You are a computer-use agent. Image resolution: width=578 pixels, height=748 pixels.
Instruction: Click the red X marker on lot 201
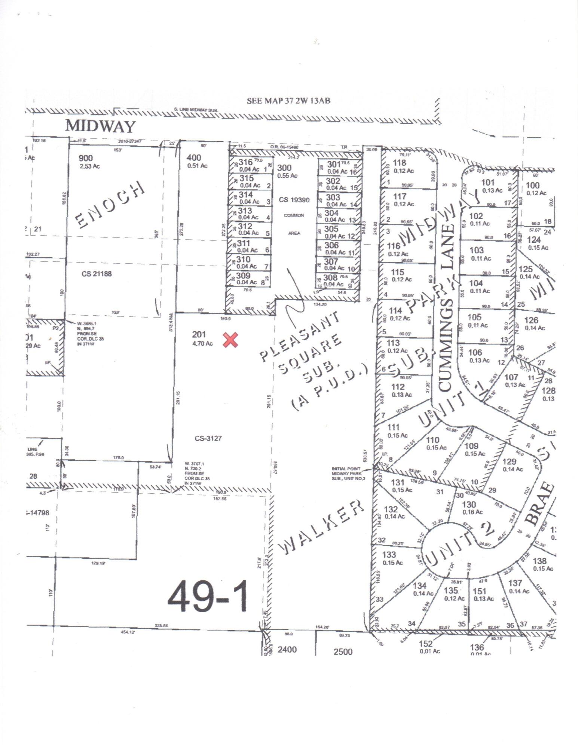coord(230,340)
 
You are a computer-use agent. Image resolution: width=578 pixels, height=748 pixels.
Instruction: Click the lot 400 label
coord(193,158)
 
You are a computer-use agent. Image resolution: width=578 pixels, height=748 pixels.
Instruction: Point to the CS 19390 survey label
coord(294,200)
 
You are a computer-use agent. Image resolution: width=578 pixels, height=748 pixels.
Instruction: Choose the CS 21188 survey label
coord(97,274)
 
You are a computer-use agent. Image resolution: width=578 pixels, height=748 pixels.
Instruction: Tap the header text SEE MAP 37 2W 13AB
coord(288,101)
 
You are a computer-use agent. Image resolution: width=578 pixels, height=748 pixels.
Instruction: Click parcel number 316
coord(246,162)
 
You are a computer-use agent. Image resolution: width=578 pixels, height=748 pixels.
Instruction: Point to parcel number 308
coord(331,278)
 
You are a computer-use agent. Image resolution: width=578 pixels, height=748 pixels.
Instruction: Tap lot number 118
coord(400,163)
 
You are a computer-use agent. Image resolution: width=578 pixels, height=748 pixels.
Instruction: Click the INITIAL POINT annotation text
coord(346,469)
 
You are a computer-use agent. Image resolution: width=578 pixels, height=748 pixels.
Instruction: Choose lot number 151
coord(479,591)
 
